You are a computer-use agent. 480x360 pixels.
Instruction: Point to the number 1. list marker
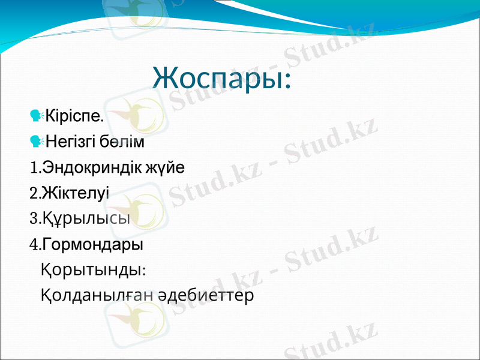tap(34, 168)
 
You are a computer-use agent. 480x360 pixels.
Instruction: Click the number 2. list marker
tap(34, 194)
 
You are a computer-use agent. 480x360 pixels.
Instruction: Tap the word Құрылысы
tap(86, 220)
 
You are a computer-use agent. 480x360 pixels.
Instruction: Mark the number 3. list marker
tap(34, 220)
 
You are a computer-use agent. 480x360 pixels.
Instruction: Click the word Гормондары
tap(92, 245)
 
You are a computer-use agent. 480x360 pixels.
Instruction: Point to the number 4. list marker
tap(34, 245)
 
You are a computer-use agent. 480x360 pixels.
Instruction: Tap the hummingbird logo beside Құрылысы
tap(141, 210)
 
